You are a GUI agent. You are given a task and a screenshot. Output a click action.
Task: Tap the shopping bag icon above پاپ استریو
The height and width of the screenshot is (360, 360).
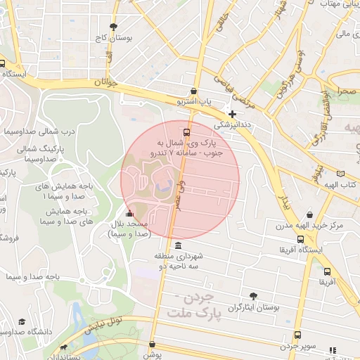(x=194, y=91)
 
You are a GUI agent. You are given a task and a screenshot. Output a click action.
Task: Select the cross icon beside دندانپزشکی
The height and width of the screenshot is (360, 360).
(x=232, y=114)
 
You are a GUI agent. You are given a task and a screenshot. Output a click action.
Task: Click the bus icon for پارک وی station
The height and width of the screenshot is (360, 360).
(x=186, y=131)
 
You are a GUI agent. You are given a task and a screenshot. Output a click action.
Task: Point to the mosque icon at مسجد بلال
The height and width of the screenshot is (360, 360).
(x=129, y=214)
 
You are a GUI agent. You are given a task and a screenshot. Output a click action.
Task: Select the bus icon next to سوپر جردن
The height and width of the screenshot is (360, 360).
(x=297, y=335)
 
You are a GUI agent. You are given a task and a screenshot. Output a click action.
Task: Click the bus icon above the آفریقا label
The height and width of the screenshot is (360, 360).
(x=327, y=271)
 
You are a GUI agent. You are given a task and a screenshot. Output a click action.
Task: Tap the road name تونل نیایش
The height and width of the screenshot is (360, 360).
(x=103, y=325)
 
